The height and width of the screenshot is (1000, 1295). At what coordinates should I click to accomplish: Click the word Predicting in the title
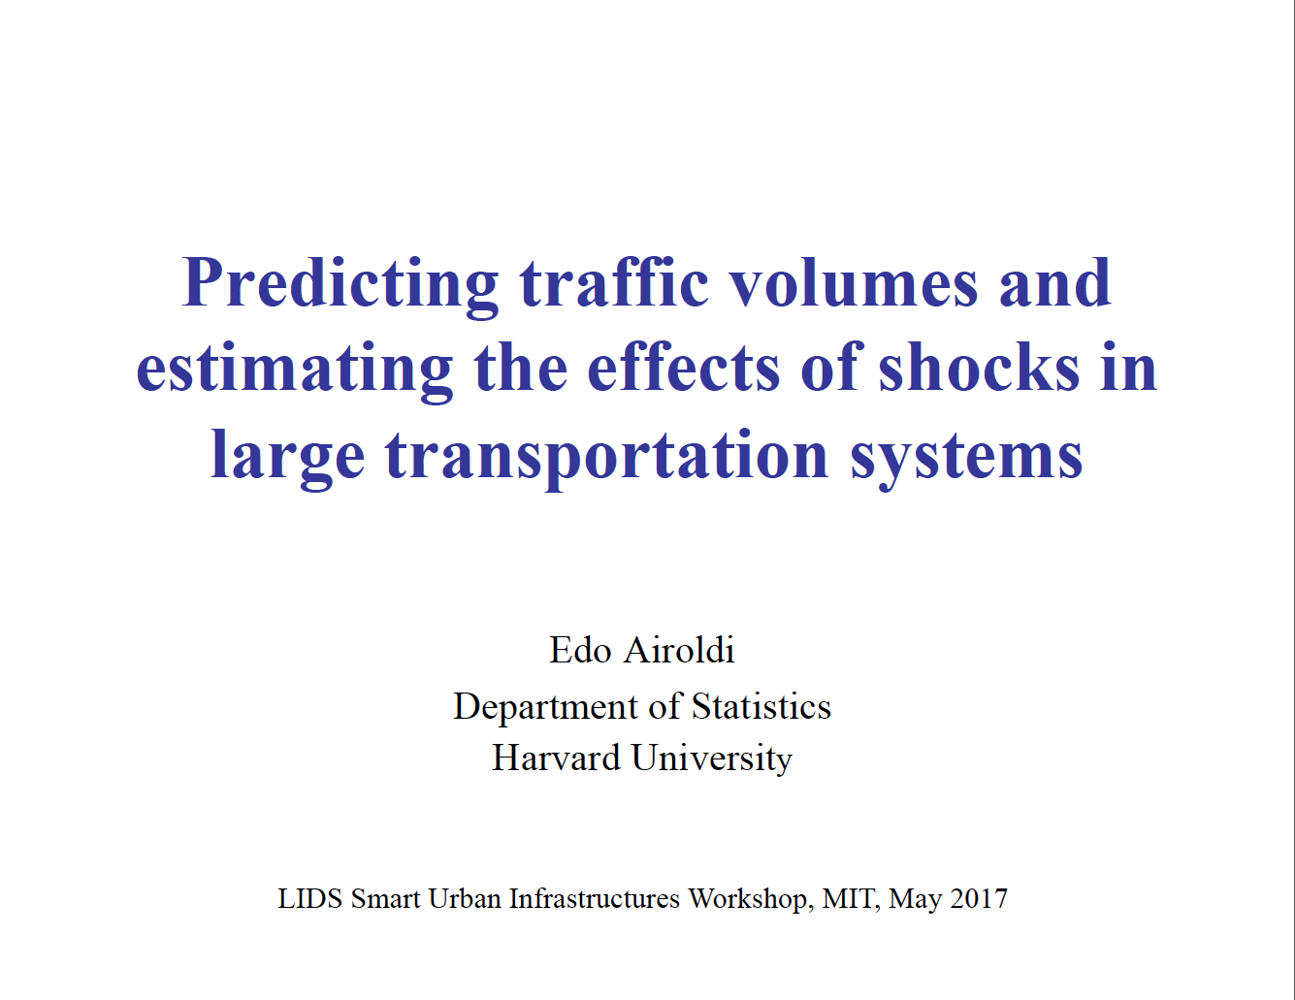point(340,286)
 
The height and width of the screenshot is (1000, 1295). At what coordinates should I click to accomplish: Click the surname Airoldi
point(679,650)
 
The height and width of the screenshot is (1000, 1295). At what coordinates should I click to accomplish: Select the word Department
point(546,708)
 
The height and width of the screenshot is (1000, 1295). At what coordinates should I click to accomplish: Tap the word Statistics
point(761,706)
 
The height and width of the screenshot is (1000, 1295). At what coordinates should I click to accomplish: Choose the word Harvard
point(556,758)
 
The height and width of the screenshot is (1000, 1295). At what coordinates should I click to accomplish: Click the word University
point(712,758)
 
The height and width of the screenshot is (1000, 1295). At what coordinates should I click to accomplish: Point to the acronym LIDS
point(309,898)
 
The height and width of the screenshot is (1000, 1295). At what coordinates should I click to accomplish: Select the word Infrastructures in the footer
point(595,898)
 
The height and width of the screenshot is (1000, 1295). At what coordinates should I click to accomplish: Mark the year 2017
point(979,898)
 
